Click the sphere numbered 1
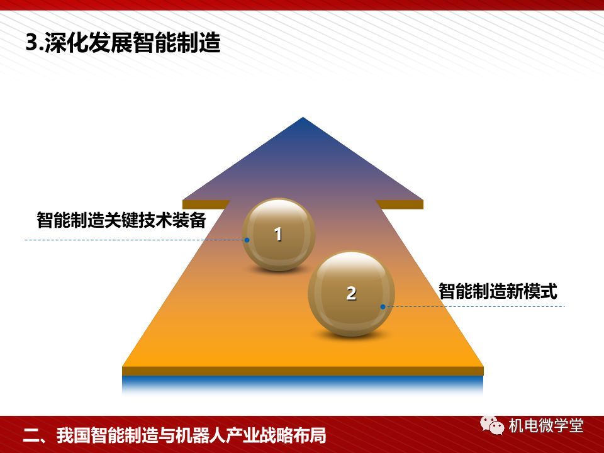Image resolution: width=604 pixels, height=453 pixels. tap(279, 235)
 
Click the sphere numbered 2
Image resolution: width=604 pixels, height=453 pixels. tap(351, 294)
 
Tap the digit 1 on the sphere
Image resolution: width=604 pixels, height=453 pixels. tap(278, 234)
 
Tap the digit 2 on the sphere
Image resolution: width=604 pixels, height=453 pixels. tap(351, 294)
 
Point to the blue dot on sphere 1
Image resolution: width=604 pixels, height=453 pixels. tap(247, 240)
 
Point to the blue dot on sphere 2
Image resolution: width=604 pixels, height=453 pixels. tap(383, 306)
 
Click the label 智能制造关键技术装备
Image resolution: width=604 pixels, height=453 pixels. tap(121, 220)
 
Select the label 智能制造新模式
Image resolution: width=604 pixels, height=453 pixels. tap(498, 291)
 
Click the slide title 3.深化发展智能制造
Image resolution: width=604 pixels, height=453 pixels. tap(123, 42)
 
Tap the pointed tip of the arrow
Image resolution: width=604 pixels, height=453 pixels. tap(303, 117)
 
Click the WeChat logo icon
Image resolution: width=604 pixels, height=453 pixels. tap(492, 425)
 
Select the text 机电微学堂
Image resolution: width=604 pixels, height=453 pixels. tap(546, 426)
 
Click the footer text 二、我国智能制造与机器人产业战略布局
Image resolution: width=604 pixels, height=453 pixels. tap(174, 435)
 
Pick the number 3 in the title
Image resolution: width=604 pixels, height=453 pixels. tap(31, 42)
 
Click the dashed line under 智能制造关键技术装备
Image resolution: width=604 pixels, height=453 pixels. tap(135, 240)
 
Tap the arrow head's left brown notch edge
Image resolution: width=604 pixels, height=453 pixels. tap(206, 204)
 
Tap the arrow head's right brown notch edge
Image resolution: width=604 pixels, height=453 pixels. tap(400, 204)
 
